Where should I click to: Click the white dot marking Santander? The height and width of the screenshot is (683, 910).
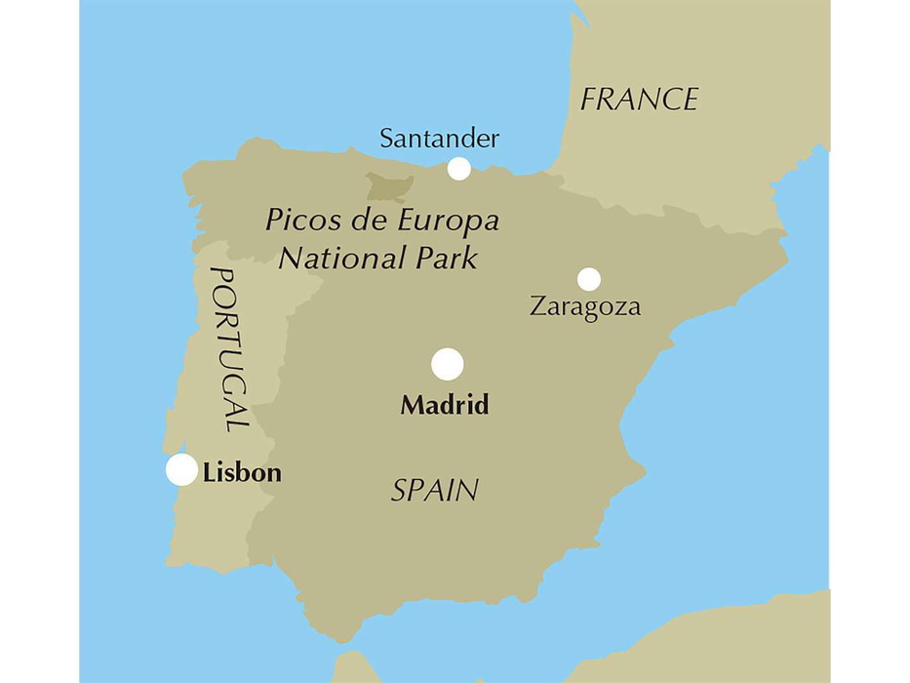(x=458, y=169)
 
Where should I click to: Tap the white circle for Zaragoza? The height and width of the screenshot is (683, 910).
(x=588, y=279)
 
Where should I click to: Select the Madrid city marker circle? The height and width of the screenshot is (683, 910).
(x=448, y=364)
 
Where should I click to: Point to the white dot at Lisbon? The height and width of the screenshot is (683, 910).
(x=181, y=469)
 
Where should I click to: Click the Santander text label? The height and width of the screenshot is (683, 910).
(x=439, y=139)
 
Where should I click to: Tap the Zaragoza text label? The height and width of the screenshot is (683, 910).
(x=585, y=307)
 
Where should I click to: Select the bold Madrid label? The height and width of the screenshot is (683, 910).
(x=445, y=405)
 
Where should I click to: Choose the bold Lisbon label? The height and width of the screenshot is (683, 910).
(x=243, y=474)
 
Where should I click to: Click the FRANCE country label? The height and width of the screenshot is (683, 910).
(x=639, y=100)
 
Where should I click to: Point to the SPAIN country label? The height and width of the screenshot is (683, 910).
(x=435, y=491)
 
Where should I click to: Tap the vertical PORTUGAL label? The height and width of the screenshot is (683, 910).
(x=229, y=348)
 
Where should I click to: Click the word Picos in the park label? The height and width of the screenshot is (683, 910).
(x=297, y=221)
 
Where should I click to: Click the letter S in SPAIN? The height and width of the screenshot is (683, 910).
(x=400, y=491)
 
